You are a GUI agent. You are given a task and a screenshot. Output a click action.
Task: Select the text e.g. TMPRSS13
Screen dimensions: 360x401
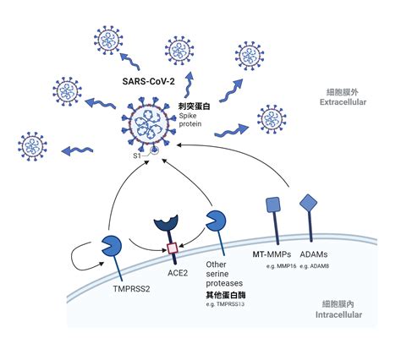pos(228,304)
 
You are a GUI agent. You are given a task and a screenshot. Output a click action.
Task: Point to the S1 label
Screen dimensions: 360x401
pos(135,154)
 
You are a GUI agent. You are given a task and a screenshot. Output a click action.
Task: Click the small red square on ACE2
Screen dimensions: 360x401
pos(173,248)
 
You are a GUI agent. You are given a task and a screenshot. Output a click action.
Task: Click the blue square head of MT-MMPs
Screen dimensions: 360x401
pos(273,204)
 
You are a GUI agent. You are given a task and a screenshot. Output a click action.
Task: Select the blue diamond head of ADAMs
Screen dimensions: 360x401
pos(309,203)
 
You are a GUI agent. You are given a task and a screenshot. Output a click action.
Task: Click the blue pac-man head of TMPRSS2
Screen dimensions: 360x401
pos(113,246)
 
